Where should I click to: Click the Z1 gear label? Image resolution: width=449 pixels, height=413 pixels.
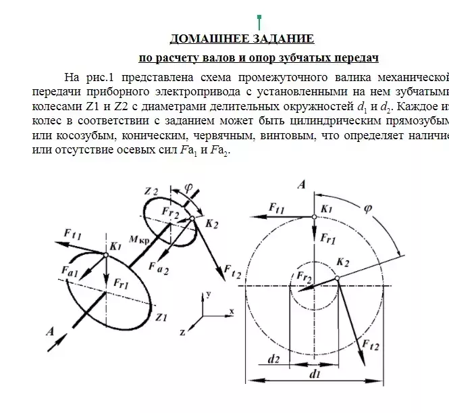161,316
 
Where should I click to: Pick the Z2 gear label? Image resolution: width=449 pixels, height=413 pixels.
151,191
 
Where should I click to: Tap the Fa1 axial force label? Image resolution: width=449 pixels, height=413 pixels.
70,272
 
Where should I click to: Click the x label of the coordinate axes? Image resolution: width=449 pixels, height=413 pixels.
231,311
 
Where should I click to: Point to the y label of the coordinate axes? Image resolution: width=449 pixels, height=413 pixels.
209,294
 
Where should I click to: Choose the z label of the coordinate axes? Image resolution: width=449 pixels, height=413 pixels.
182,333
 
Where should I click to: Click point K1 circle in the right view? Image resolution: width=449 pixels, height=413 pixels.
314,216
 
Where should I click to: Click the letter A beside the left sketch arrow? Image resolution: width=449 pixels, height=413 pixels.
49,331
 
